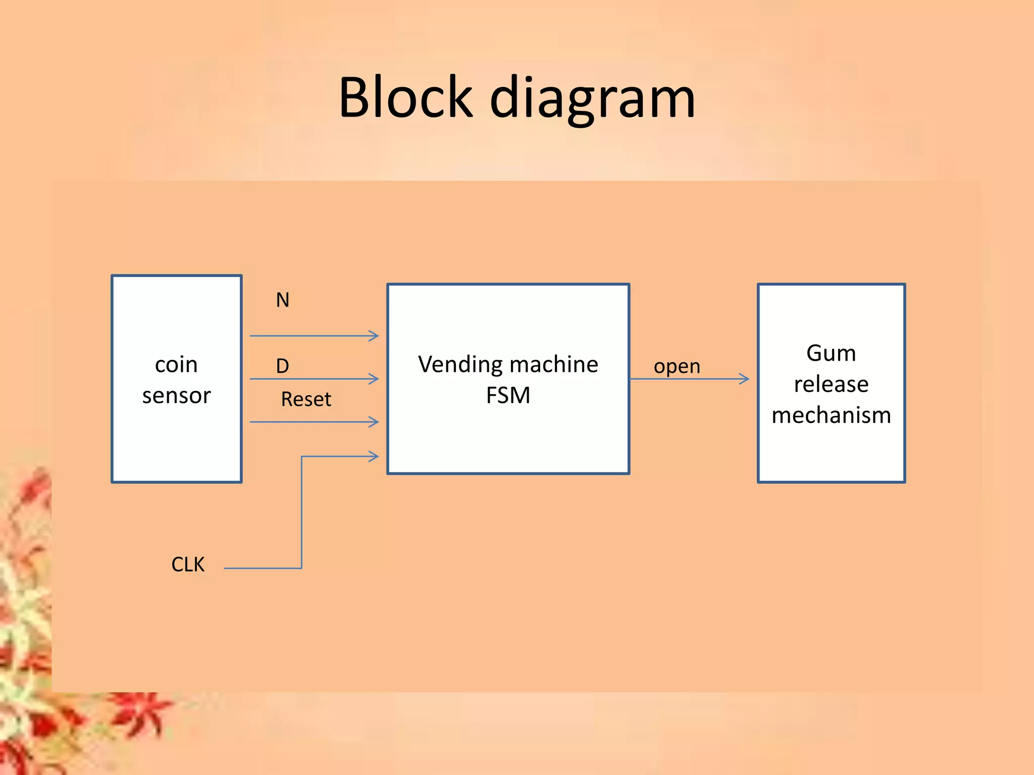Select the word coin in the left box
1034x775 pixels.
click(176, 364)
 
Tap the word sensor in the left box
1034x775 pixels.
click(176, 396)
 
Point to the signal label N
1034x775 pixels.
click(282, 300)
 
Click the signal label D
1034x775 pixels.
click(282, 366)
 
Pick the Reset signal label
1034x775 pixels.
click(306, 399)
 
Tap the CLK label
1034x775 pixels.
click(188, 564)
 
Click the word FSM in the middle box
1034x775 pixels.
click(508, 395)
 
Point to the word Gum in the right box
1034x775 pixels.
click(831, 353)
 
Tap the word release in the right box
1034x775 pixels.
click(831, 384)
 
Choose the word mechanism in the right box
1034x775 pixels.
click(831, 415)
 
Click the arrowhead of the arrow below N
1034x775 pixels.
click(374, 336)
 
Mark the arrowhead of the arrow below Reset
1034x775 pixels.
click(374, 422)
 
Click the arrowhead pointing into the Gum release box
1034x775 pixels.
click(744, 379)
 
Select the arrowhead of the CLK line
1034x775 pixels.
click(374, 457)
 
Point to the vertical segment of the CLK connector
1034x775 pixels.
click(301, 512)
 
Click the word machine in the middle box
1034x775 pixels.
click(553, 364)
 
